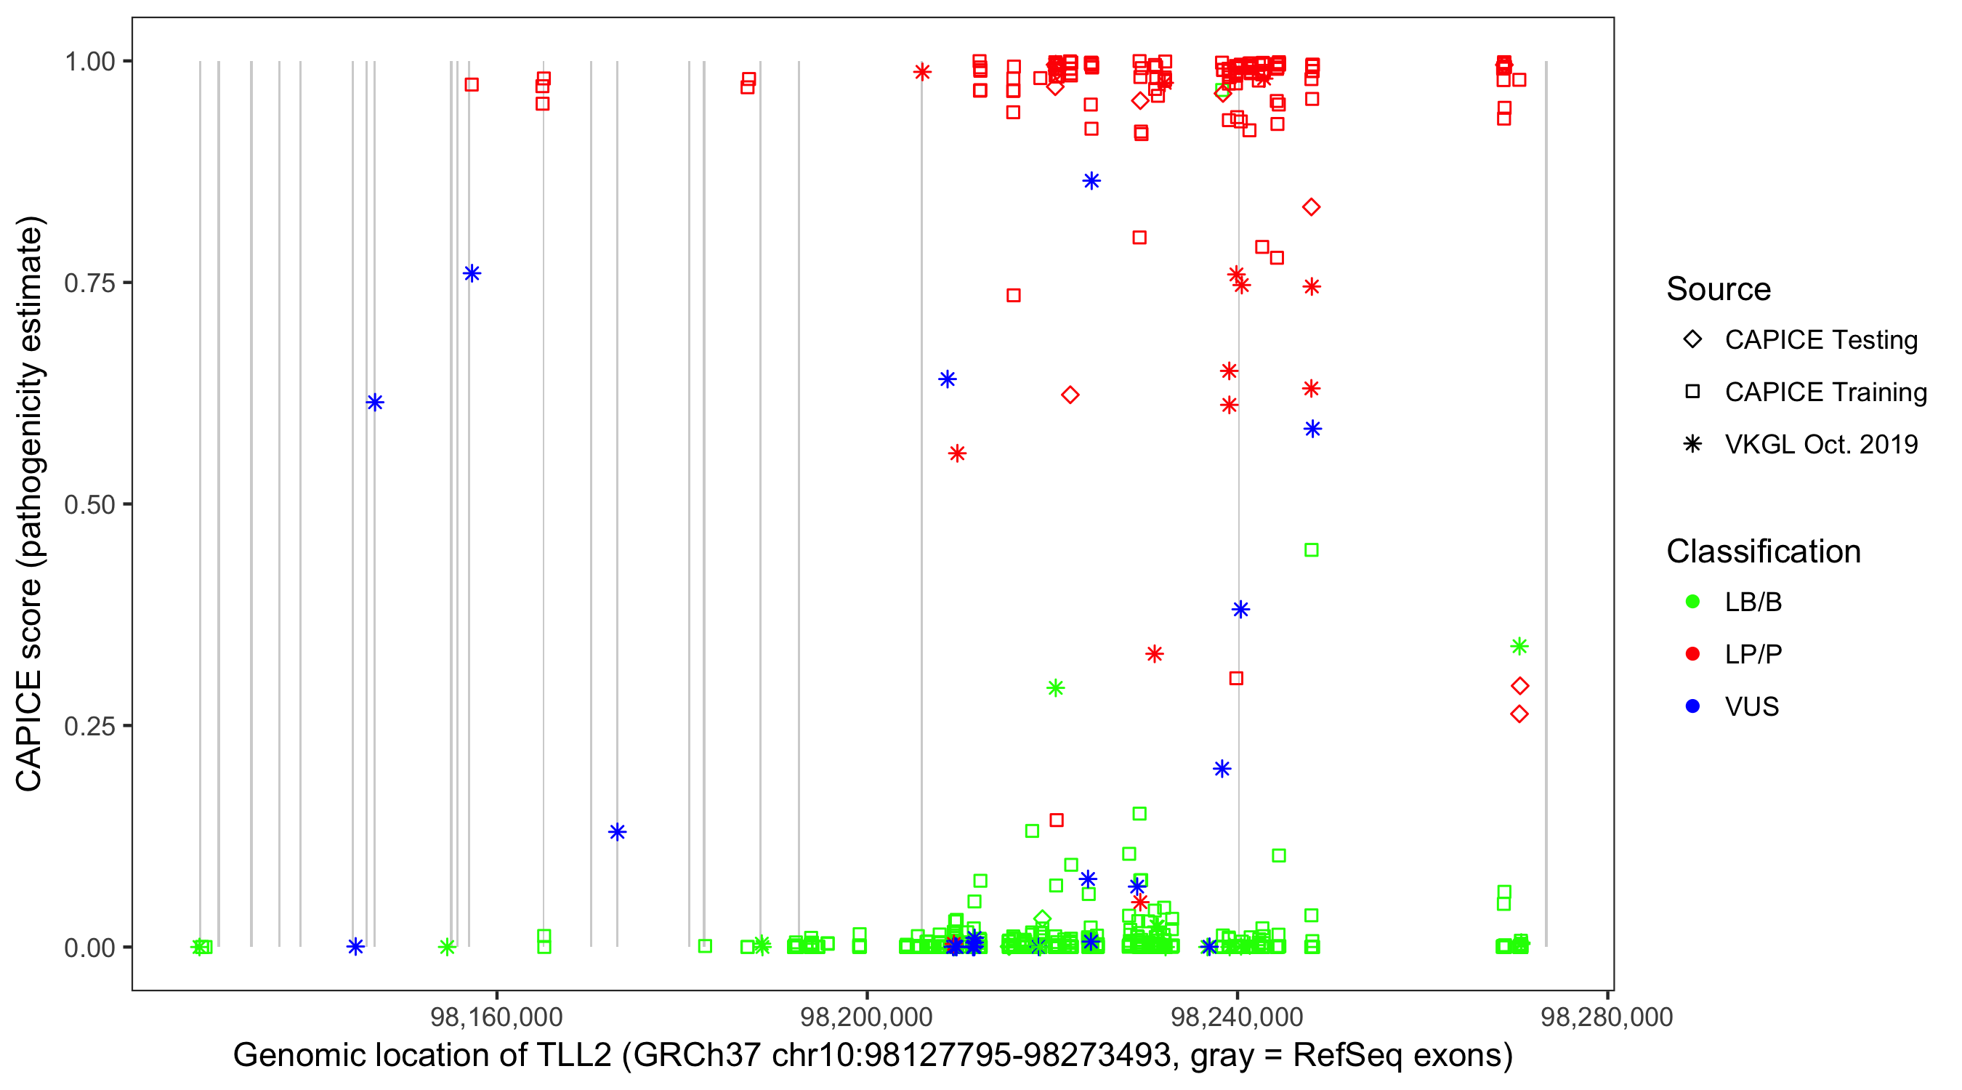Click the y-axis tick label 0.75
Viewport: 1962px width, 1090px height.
[89, 283]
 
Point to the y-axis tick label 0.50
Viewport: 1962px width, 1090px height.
[89, 505]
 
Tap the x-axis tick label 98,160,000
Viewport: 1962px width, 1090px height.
[496, 1017]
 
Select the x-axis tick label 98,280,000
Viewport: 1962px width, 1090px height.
[1607, 1017]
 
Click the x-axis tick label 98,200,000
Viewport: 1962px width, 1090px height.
[867, 1017]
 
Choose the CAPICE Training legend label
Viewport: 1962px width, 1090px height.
[1825, 392]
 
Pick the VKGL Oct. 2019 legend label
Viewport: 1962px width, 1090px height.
[1821, 445]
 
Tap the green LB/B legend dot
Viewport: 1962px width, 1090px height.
[1692, 602]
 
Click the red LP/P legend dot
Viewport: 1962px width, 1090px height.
[1692, 654]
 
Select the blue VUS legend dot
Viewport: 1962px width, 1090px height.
[1692, 707]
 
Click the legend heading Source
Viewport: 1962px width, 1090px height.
[1719, 289]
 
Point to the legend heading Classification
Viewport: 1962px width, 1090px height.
[1763, 552]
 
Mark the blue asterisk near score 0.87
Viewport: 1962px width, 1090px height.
[1091, 181]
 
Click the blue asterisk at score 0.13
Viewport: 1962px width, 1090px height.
[617, 832]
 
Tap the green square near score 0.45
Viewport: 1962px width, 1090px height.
[1311, 550]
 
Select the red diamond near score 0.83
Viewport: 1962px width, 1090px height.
[1311, 207]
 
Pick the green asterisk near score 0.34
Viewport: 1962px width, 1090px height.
[1519, 647]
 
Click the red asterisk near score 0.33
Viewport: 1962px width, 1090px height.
[1154, 654]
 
